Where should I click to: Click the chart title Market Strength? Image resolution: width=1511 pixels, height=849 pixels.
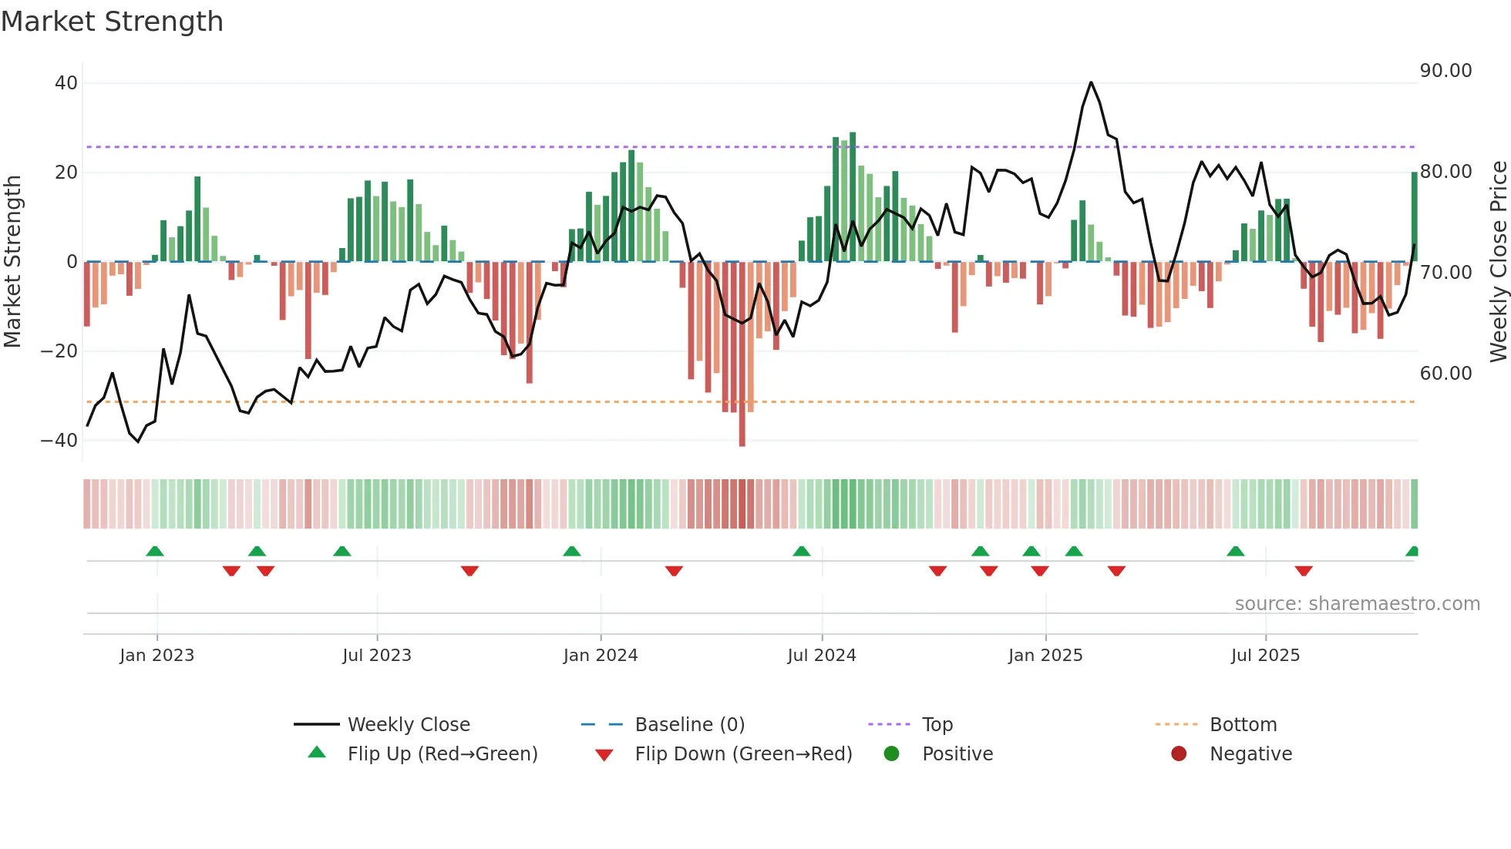[x=112, y=22]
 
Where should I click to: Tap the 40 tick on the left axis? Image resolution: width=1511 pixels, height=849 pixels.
[x=66, y=83]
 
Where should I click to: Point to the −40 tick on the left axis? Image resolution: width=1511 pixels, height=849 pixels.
[x=59, y=441]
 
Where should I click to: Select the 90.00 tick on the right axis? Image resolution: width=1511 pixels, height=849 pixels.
[x=1445, y=71]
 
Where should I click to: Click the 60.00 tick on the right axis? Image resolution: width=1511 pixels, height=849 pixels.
[x=1445, y=374]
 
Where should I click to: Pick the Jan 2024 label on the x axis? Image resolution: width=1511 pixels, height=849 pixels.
[x=601, y=656]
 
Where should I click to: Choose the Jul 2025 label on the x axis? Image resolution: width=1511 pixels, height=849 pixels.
[x=1265, y=656]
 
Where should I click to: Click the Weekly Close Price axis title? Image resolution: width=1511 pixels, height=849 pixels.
[x=1498, y=262]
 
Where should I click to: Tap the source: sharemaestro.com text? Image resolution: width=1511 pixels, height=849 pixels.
[x=1357, y=604]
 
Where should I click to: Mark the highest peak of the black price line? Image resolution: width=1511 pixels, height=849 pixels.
[x=1091, y=82]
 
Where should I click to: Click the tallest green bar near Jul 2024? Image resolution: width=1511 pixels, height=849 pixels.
[x=852, y=196]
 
